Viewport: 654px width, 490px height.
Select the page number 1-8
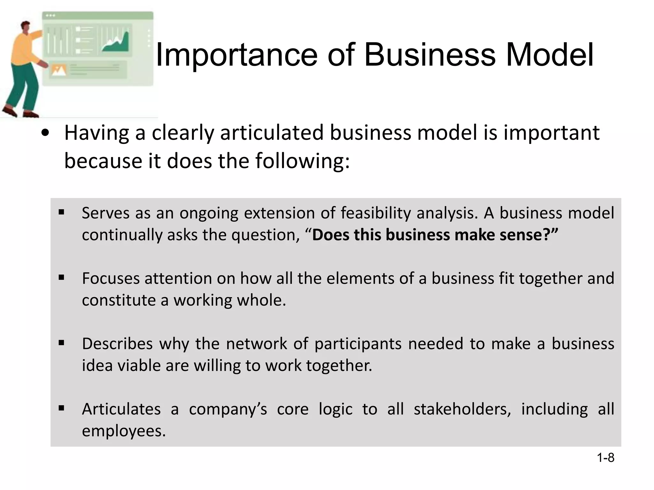pos(605,458)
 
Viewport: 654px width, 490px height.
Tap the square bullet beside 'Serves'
pos(62,212)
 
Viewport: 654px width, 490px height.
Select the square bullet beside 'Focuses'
pos(62,277)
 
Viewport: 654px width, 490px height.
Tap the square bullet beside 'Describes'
pos(62,343)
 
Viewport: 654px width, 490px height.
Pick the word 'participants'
pos(358,344)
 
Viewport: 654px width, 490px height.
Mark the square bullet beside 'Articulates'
pos(62,408)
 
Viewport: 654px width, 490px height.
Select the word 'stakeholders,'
pos(462,409)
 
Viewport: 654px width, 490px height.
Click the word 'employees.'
pos(124,431)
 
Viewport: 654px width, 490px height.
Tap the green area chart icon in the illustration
pos(117,43)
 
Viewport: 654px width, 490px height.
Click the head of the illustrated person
pos(25,27)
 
